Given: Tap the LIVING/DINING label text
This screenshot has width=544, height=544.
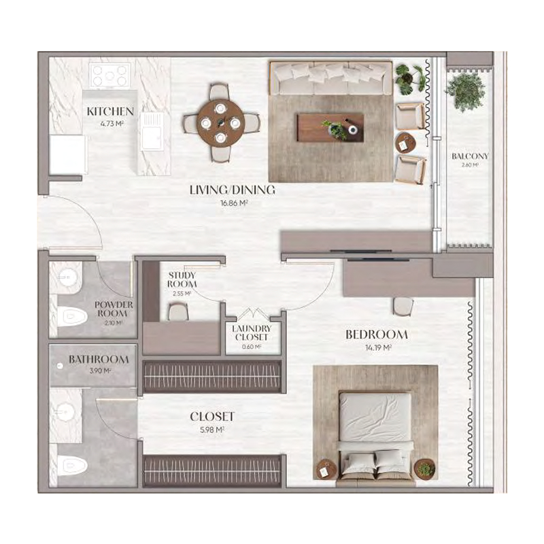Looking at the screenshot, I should [232, 190].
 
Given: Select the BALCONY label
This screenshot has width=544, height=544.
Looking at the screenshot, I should [470, 156].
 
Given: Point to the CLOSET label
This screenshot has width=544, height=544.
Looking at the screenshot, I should [212, 416].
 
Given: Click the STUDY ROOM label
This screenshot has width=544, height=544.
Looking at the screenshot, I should [182, 279].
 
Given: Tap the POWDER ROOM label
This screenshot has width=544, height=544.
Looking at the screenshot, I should [113, 309].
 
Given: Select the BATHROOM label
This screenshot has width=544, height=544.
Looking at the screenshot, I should [99, 359].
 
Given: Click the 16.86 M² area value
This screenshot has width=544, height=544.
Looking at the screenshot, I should [232, 203].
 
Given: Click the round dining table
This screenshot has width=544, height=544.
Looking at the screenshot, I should [220, 122].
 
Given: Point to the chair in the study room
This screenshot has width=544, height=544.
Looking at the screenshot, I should [178, 312].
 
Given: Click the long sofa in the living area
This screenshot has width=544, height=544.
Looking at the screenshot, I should [330, 78].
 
